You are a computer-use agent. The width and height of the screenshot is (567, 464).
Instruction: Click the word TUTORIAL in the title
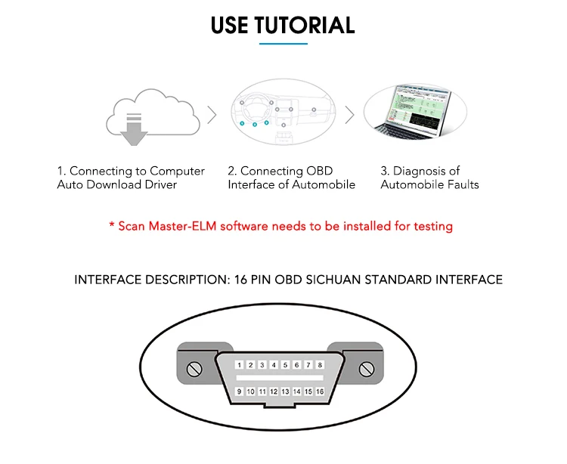(x=305, y=25)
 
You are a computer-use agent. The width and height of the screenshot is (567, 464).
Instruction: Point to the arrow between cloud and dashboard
(x=212, y=115)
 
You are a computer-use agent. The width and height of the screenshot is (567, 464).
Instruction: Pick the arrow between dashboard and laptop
(x=349, y=115)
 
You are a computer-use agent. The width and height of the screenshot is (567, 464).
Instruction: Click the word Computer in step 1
(x=177, y=171)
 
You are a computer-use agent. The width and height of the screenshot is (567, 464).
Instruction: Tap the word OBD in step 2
(x=320, y=171)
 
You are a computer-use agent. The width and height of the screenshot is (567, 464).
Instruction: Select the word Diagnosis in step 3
(x=418, y=171)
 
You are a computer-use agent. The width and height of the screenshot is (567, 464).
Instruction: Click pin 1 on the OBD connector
(x=239, y=365)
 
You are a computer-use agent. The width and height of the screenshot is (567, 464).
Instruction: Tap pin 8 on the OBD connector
(x=321, y=365)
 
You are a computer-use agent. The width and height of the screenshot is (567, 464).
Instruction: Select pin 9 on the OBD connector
(x=239, y=391)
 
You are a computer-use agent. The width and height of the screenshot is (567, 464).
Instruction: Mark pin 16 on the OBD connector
(x=320, y=391)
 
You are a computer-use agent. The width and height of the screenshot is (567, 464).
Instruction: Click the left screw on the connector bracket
(x=194, y=370)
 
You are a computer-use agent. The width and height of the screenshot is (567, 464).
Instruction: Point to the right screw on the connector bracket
(x=367, y=370)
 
